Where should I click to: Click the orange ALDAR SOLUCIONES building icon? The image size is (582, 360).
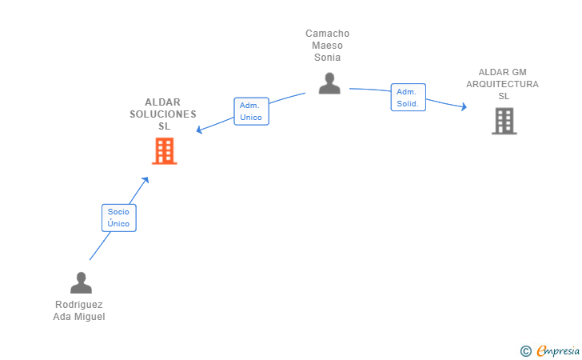[164, 150]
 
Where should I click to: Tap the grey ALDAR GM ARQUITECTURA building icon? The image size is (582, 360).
[504, 121]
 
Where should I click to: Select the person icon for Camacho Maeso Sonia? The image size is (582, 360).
[329, 83]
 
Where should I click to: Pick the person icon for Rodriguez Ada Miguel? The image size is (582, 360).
[81, 282]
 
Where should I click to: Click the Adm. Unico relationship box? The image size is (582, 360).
[251, 111]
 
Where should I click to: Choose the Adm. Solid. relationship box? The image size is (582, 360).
[408, 98]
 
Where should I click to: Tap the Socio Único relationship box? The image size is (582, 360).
[119, 218]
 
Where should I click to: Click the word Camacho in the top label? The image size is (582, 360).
[328, 34]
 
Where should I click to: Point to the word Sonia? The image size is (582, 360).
[328, 58]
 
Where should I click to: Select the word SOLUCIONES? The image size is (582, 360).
[163, 114]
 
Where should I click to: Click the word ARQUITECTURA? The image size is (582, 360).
[503, 84]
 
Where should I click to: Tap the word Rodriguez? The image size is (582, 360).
[79, 305]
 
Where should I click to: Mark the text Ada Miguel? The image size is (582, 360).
[79, 317]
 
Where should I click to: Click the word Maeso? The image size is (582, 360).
[328, 46]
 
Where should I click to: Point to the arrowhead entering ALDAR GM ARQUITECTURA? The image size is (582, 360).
[463, 106]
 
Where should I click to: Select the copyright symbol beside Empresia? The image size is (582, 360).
[525, 350]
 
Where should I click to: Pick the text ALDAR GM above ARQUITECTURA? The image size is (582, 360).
[503, 72]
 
